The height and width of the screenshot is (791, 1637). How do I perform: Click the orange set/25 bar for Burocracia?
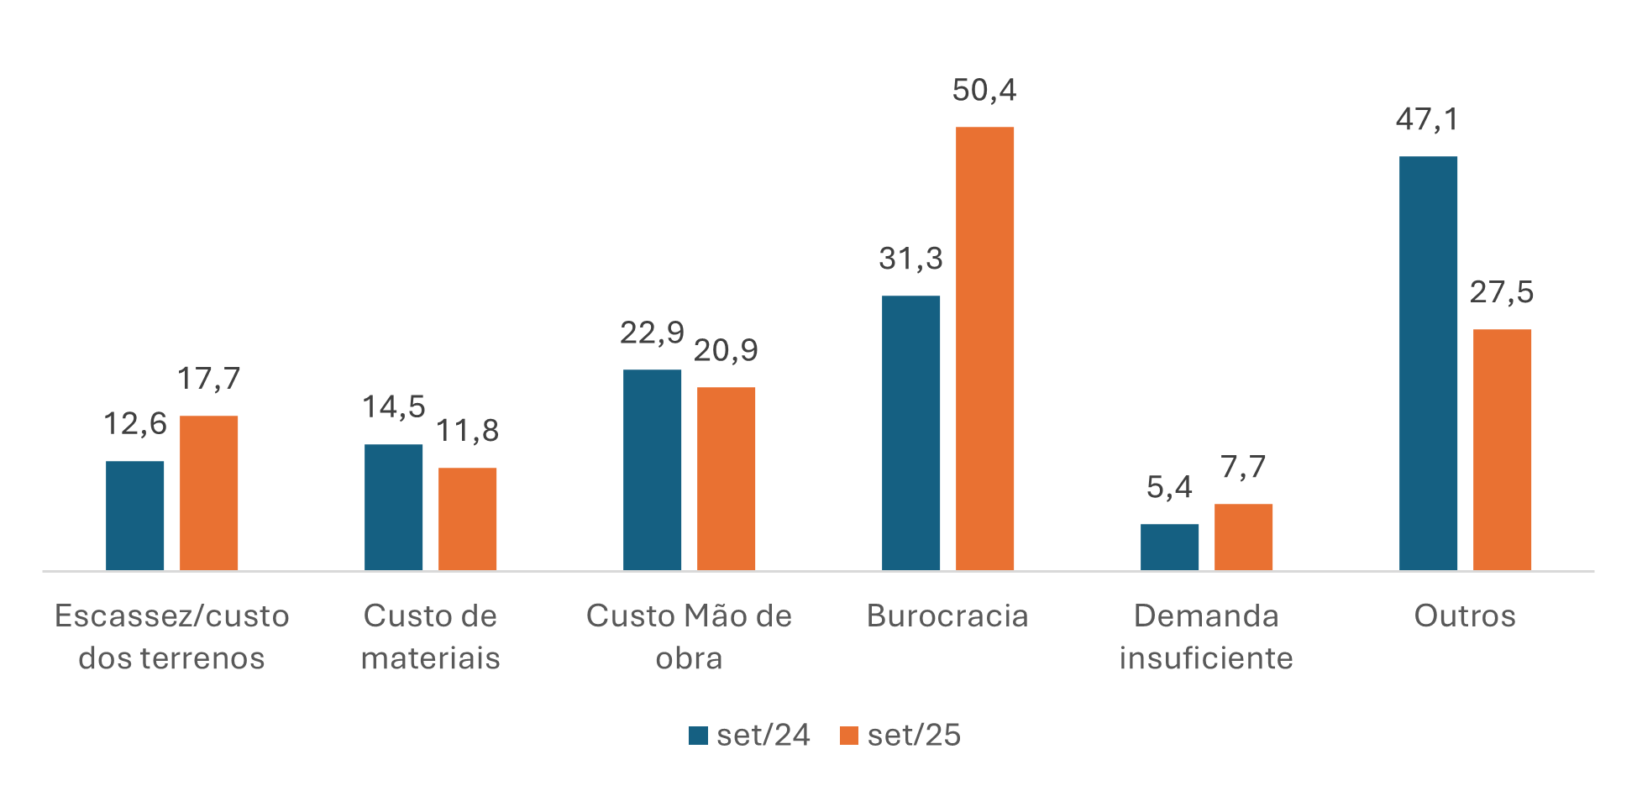coord(984,348)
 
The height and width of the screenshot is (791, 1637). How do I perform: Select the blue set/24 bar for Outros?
coord(1428,363)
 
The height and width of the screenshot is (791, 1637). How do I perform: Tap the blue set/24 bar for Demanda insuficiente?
coord(1169,547)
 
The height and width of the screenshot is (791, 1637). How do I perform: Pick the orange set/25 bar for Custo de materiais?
coord(467,519)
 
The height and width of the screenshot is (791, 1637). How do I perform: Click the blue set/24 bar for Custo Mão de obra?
coord(652,469)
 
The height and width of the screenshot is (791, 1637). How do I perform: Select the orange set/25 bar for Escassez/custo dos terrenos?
coord(208,493)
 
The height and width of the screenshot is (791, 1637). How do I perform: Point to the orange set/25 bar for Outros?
coord(1502,449)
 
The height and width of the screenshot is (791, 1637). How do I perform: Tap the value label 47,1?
coord(1428,120)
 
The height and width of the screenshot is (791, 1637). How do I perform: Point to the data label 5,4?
coord(1169,487)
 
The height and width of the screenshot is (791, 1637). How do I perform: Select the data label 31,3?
coord(910,259)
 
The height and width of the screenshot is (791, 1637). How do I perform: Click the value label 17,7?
coord(208,379)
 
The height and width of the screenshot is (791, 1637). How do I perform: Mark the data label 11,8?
coord(467,431)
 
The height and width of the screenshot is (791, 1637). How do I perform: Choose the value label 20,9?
coord(726,350)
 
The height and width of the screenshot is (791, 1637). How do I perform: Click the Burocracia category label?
coord(947,616)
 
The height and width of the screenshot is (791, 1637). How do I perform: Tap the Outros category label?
coord(1465,616)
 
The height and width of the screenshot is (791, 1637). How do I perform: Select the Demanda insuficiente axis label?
coord(1206,636)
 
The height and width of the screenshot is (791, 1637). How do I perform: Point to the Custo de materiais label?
coord(430,636)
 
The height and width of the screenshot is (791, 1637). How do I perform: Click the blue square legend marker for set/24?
coord(698,736)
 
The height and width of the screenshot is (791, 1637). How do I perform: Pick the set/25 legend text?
coord(914,736)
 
